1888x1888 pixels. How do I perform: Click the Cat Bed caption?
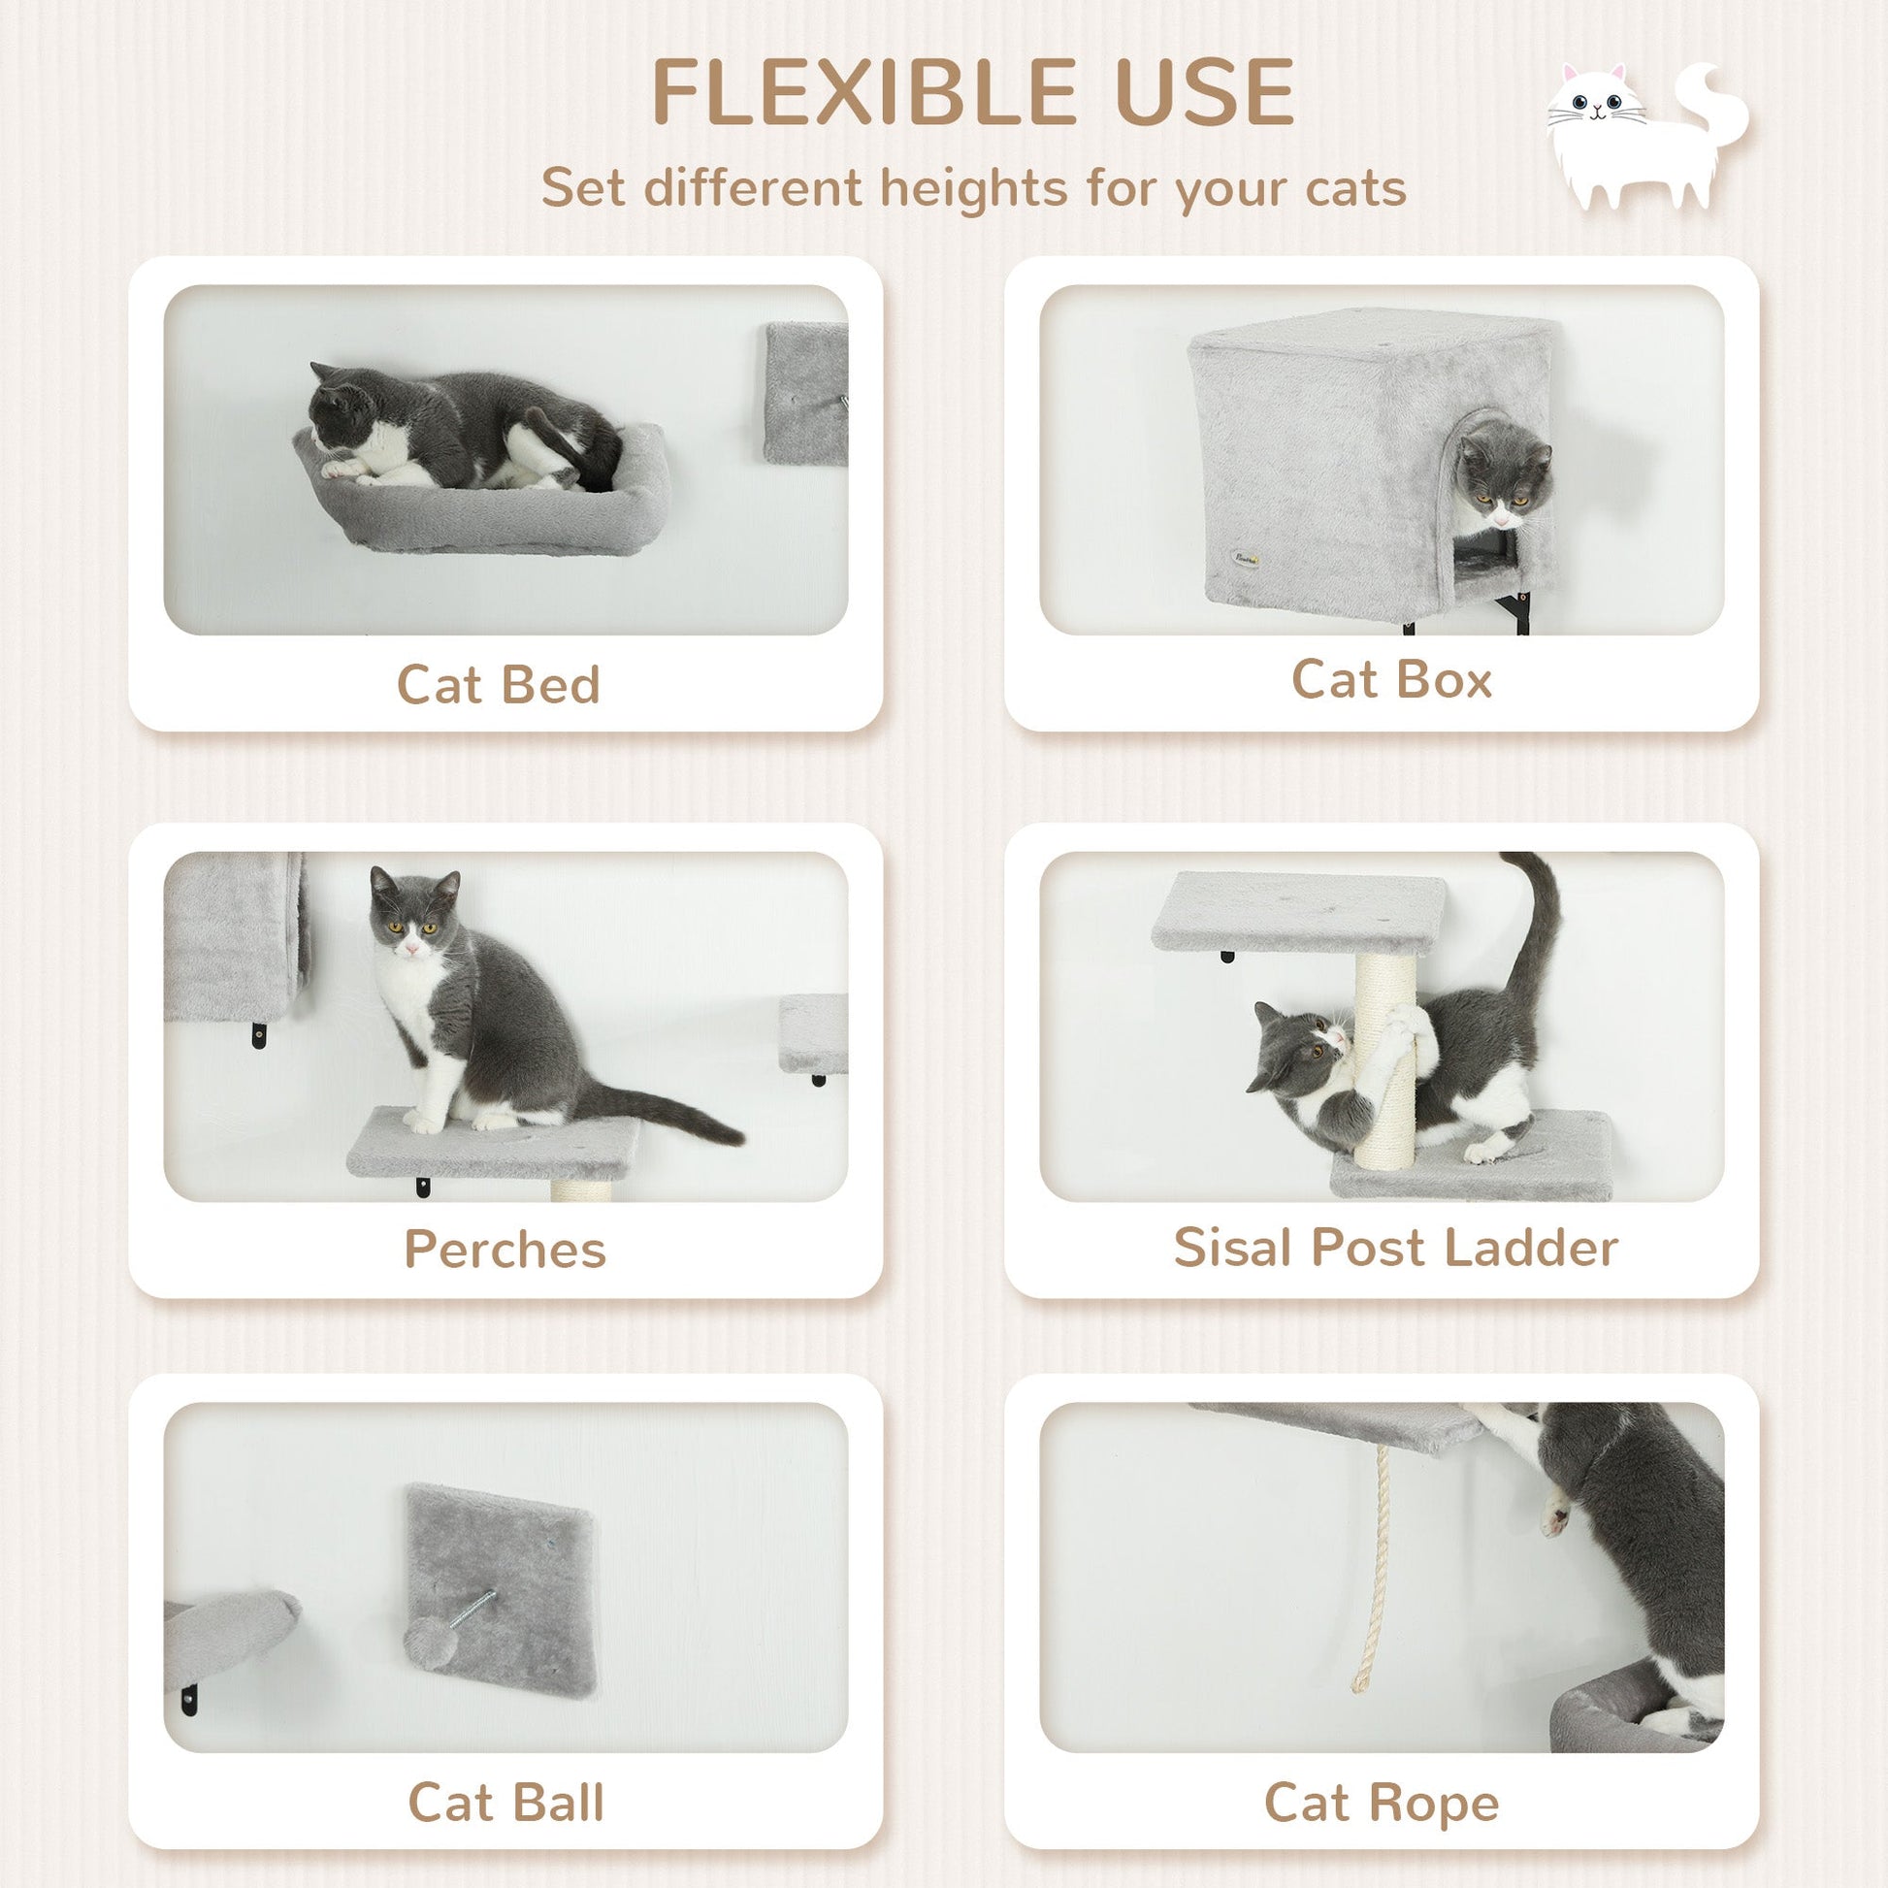pyautogui.click(x=499, y=684)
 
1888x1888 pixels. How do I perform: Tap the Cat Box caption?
pyautogui.click(x=1391, y=679)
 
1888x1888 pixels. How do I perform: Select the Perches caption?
pyautogui.click(x=505, y=1249)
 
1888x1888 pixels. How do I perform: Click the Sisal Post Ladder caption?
pyautogui.click(x=1395, y=1247)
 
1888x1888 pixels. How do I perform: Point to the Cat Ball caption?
pyautogui.click(x=505, y=1802)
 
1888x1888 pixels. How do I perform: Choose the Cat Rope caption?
pyautogui.click(x=1382, y=1802)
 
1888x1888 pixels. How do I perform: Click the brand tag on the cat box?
pyautogui.click(x=1245, y=559)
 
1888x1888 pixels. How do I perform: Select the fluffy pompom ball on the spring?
pyautogui.click(x=426, y=1639)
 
